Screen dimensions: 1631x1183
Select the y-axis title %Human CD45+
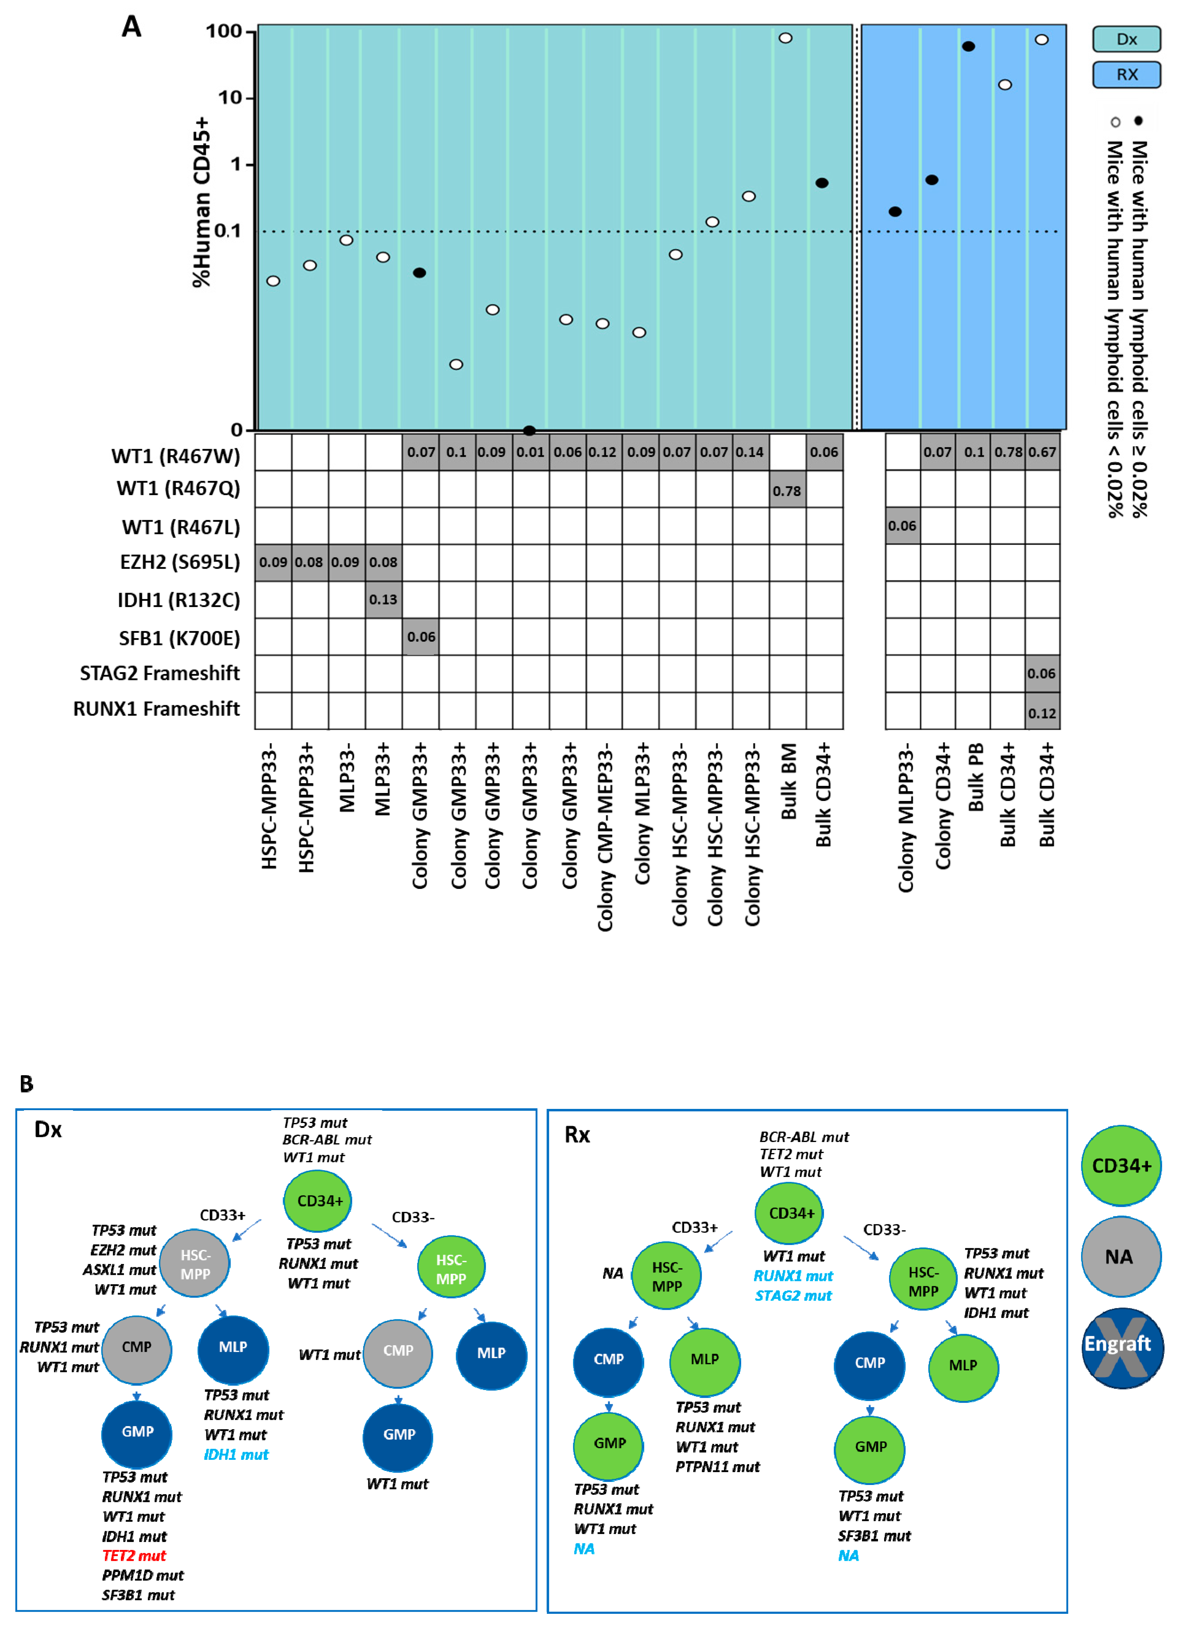[202, 201]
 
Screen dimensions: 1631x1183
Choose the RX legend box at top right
[1126, 74]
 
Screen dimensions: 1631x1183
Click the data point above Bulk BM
[786, 37]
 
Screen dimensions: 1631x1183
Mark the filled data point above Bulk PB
[968, 46]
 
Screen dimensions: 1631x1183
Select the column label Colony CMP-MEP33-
[605, 838]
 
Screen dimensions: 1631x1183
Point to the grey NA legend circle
[1120, 1256]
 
